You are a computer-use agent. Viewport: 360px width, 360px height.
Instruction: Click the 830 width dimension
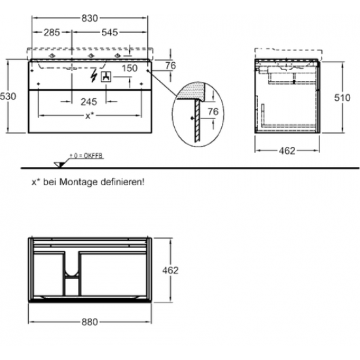pos(90,18)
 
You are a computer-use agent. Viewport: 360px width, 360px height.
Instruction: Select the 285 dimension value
pos(52,32)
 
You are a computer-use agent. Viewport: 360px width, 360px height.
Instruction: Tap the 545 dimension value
pos(110,32)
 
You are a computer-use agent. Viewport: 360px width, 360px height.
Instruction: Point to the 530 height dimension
pos(8,96)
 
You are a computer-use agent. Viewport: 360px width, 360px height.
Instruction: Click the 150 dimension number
pos(130,68)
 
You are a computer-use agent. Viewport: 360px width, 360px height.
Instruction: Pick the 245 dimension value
pos(89,102)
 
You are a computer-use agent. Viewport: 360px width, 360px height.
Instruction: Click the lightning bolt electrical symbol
pos(94,75)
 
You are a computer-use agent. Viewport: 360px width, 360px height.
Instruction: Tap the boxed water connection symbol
pos(106,77)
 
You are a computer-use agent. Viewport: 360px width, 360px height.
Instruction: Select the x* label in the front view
pos(88,116)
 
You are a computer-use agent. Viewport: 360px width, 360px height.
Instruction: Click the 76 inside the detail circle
pos(213,112)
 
